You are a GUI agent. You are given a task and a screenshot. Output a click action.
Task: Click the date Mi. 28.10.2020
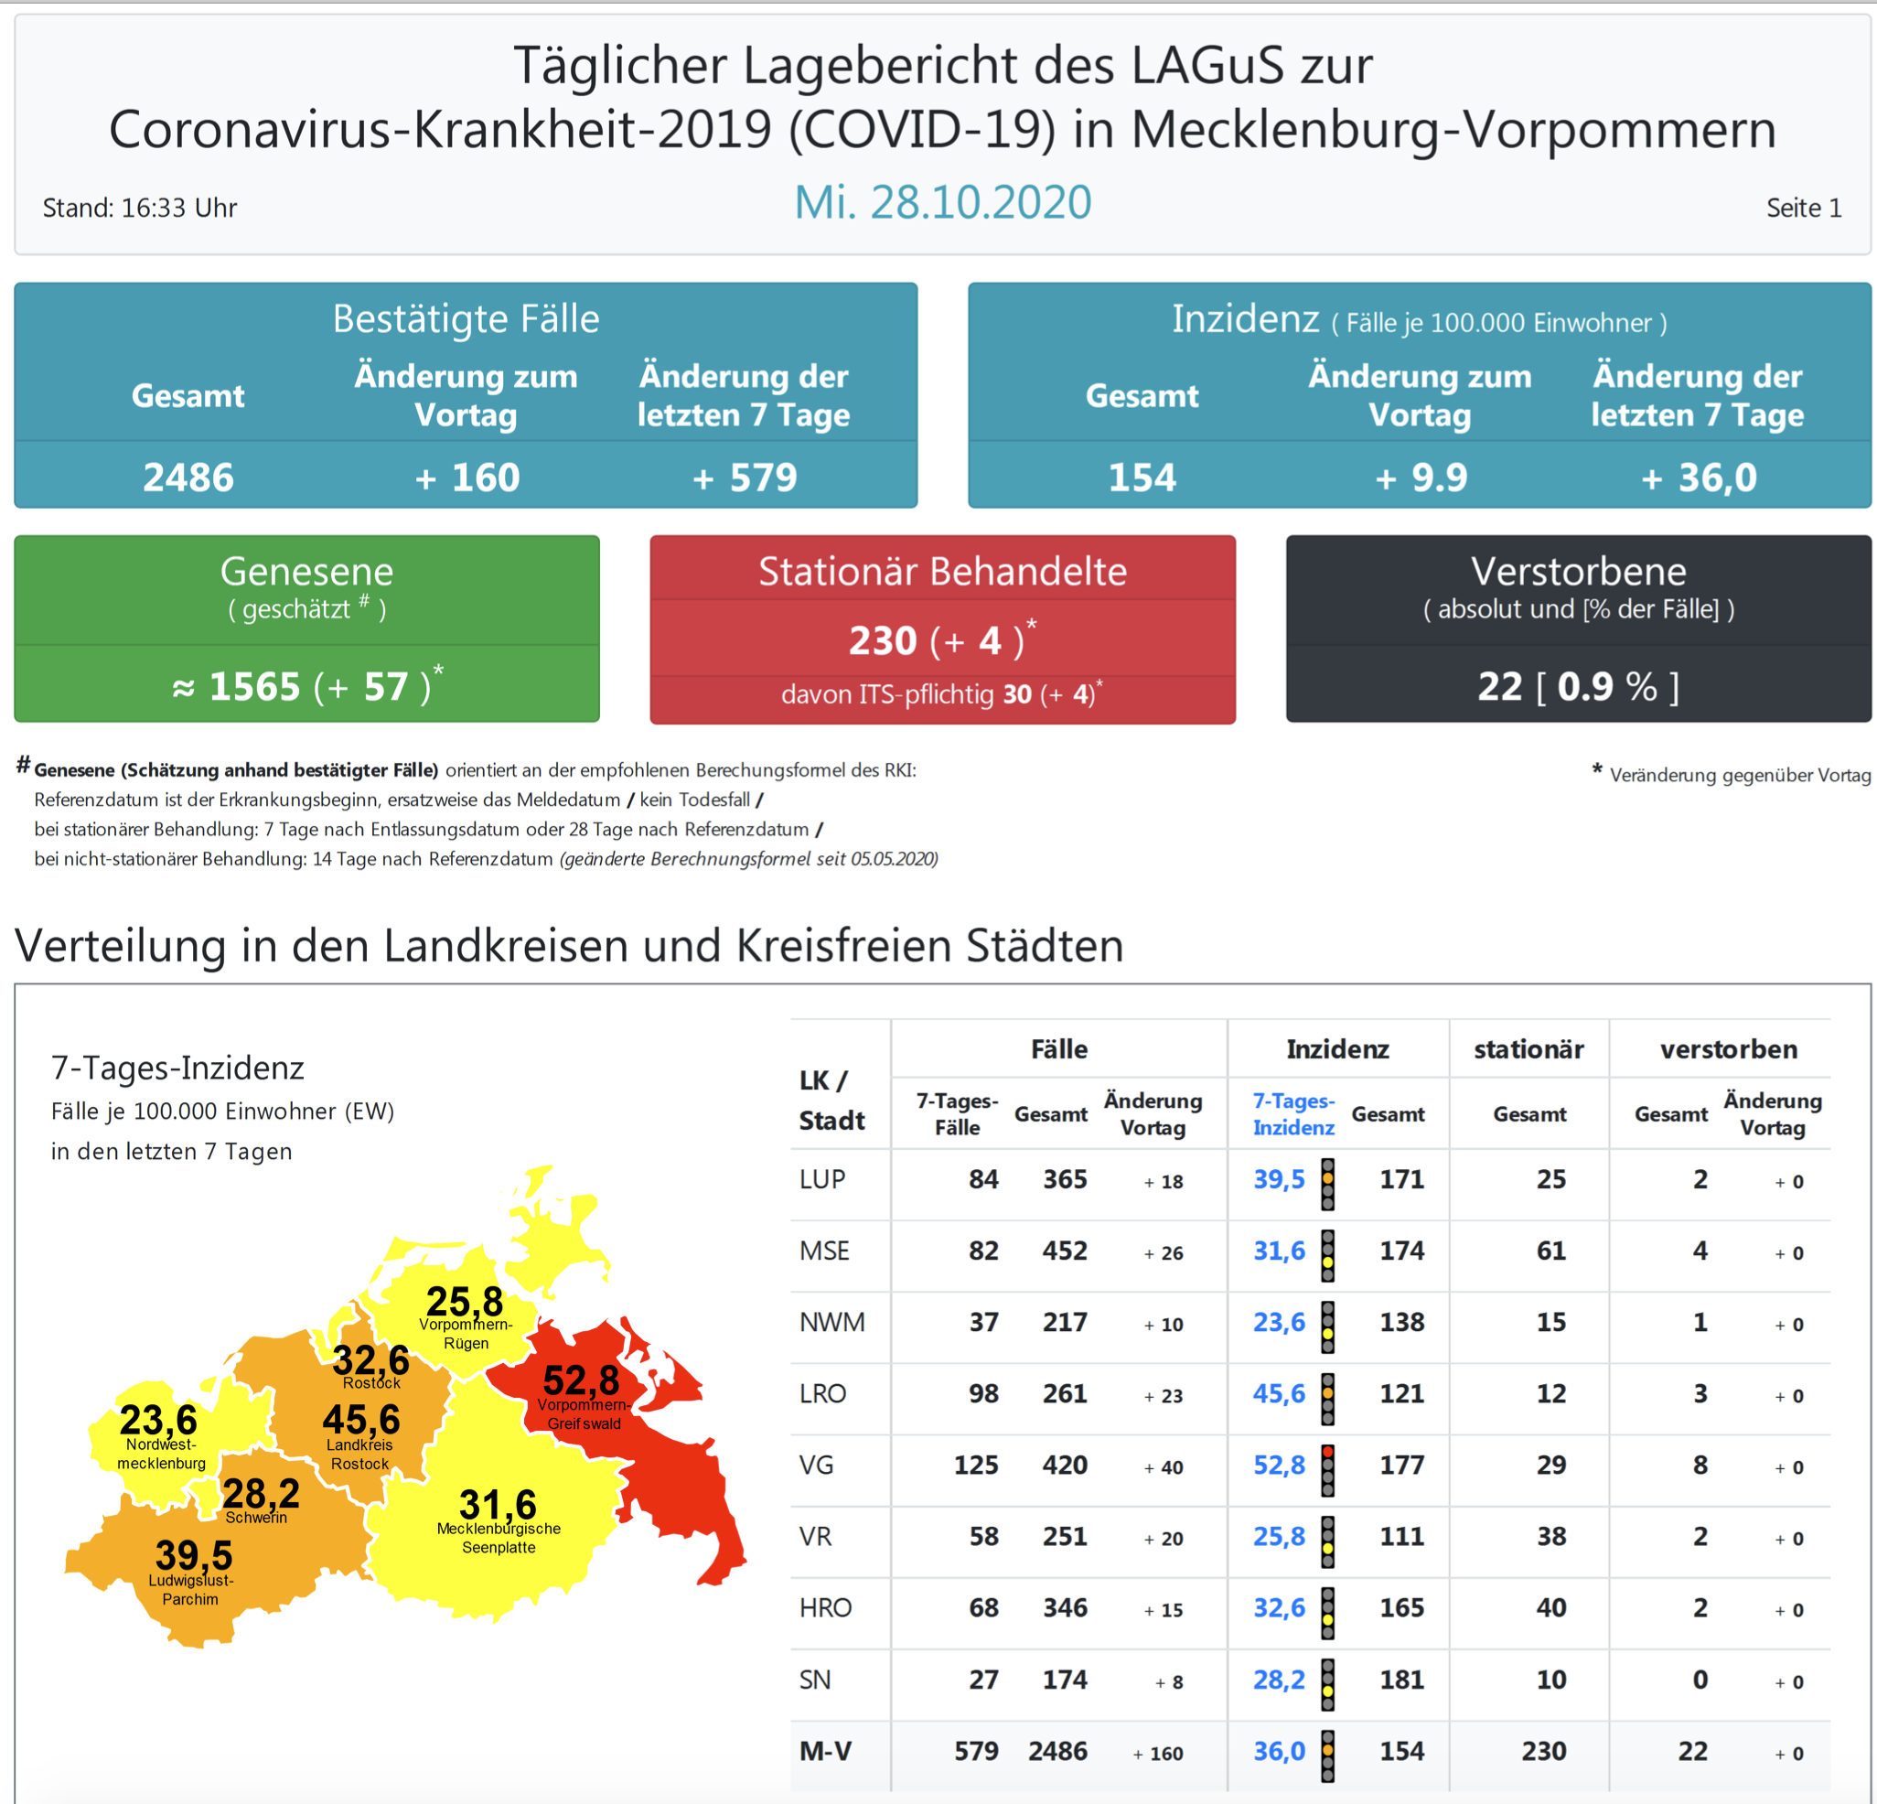click(x=942, y=202)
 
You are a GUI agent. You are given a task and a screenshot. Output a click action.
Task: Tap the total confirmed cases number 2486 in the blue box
click(x=188, y=477)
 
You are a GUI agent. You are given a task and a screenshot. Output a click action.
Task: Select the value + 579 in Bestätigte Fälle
click(x=744, y=477)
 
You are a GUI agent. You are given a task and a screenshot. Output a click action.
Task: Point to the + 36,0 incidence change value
click(x=1698, y=477)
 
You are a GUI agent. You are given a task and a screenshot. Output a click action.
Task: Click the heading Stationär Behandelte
click(x=942, y=571)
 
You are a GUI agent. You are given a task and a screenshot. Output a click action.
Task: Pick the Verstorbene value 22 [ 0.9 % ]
click(x=1577, y=685)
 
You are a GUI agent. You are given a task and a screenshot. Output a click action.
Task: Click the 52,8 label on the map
click(x=580, y=1380)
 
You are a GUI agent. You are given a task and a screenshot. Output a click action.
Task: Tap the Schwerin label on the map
click(x=256, y=1517)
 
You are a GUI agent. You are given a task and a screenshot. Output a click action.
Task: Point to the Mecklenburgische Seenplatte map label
click(x=498, y=1538)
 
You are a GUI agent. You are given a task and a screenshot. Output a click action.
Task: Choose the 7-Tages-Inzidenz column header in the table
click(x=1292, y=1113)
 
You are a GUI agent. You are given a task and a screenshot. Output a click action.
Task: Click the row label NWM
click(x=831, y=1323)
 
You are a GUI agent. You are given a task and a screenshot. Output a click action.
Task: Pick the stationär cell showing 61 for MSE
click(x=1550, y=1251)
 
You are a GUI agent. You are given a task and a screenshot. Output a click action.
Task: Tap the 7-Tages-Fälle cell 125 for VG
click(x=975, y=1465)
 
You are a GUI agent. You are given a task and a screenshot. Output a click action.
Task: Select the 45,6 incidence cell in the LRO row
click(x=1279, y=1393)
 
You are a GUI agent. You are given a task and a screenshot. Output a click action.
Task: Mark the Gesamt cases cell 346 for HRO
click(x=1064, y=1607)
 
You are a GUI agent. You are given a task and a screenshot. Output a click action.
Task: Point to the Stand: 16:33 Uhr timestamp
click(x=140, y=208)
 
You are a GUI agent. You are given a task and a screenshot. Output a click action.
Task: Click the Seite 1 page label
click(x=1803, y=208)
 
